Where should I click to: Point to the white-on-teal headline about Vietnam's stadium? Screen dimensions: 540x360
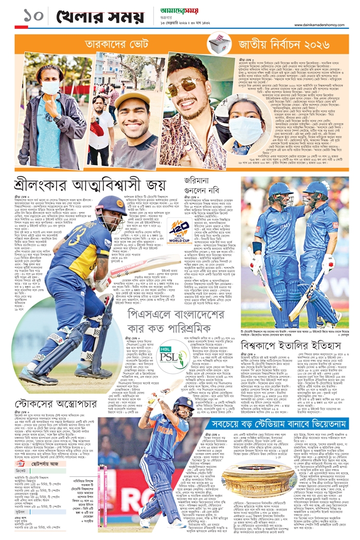tap(281, 424)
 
